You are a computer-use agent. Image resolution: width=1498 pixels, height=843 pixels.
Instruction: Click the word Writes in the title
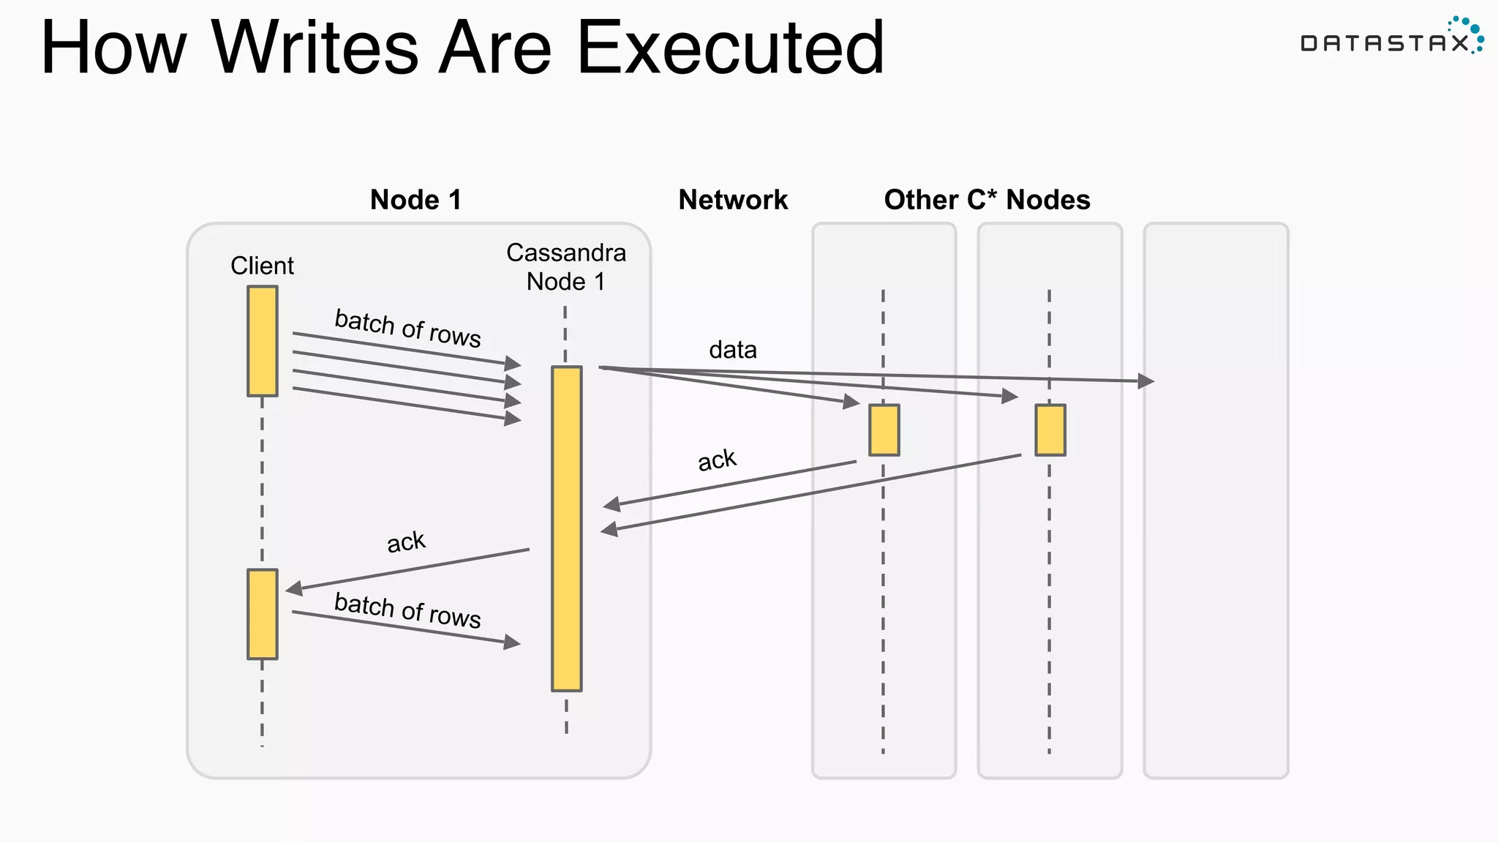[x=315, y=48]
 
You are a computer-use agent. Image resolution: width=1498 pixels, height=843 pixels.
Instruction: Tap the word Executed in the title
[x=730, y=48]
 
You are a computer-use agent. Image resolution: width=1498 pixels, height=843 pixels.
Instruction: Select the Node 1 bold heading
[x=415, y=200]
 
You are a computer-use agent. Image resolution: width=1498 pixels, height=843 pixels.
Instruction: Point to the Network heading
[x=733, y=200]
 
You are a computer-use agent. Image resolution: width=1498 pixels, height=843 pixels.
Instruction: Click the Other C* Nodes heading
[x=987, y=200]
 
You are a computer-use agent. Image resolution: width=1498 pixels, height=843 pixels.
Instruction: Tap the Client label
[x=262, y=266]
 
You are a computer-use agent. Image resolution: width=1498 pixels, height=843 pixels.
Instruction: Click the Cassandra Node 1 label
[x=565, y=267]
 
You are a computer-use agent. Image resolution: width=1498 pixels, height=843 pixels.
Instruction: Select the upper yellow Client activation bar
[x=262, y=341]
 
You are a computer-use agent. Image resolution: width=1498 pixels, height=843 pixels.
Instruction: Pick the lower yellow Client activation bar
[x=262, y=614]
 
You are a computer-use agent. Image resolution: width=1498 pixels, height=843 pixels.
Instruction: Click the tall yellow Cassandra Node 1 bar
[x=566, y=528]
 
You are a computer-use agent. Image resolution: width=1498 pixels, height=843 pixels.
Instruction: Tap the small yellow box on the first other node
[x=884, y=430]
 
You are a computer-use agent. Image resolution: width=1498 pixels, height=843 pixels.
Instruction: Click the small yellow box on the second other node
[x=1050, y=430]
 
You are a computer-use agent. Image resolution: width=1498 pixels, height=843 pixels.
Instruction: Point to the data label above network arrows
[x=732, y=350]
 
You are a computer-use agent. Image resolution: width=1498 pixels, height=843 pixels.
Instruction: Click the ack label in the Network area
[x=716, y=460]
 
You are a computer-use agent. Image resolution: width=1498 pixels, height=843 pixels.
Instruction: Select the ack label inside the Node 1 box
[x=405, y=542]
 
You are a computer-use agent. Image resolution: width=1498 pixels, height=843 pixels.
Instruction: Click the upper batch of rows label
[x=407, y=328]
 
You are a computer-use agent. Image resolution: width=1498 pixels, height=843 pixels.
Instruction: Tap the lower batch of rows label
[x=407, y=610]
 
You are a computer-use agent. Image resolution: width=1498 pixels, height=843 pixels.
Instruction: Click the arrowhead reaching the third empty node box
[x=1146, y=381]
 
